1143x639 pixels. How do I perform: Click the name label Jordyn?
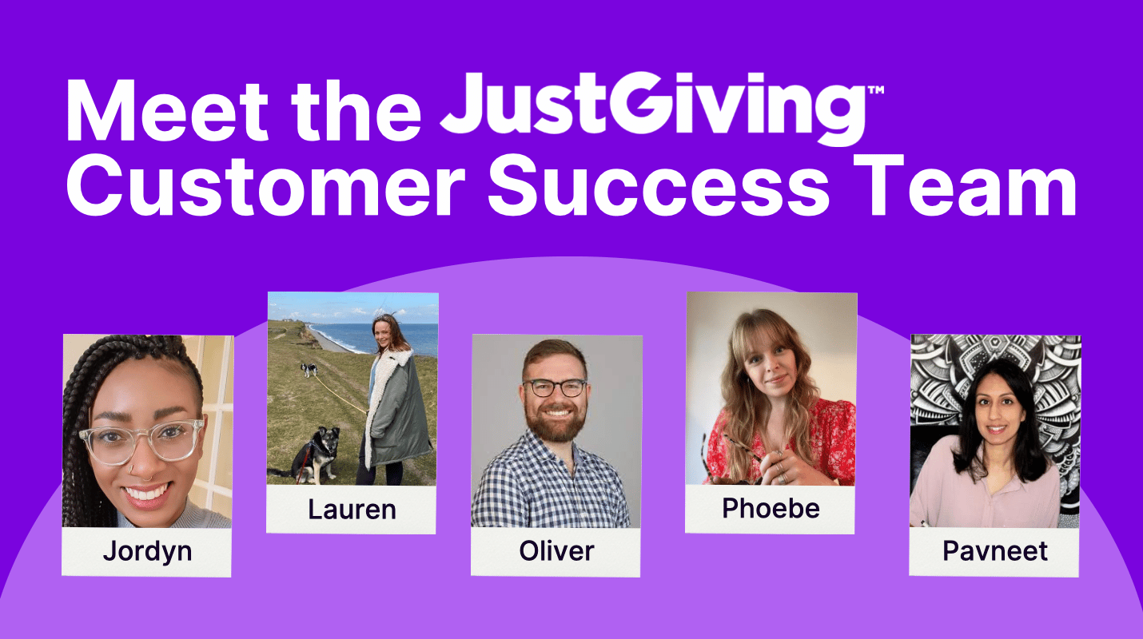coord(147,551)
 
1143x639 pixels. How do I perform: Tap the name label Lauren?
coord(352,509)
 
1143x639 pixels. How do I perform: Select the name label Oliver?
coord(556,551)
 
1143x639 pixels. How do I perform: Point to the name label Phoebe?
coord(771,508)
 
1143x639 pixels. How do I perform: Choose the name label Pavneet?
coord(994,551)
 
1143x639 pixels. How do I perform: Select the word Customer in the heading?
coord(266,185)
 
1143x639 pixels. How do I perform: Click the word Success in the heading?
coord(659,185)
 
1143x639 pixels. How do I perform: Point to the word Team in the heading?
coord(965,185)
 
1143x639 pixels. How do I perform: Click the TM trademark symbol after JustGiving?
coord(875,89)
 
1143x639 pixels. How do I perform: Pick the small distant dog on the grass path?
coord(309,369)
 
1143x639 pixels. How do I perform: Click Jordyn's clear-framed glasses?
coord(141,440)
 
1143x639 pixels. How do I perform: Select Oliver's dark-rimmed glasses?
coord(554,388)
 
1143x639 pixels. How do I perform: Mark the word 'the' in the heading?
coord(356,111)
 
